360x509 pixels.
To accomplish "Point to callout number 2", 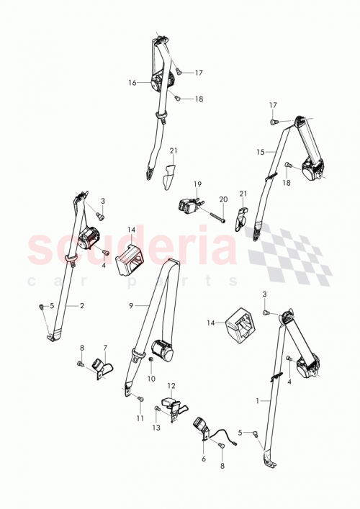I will coord(82,305).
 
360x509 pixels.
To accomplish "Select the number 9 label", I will coord(132,305).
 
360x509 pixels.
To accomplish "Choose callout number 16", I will coord(132,83).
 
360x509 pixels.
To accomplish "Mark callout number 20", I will coord(222,199).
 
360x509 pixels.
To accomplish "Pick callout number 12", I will coord(171,387).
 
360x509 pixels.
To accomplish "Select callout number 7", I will coord(105,347).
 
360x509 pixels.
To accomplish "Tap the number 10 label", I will coord(151,379).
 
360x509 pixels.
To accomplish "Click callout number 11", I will coord(140,418).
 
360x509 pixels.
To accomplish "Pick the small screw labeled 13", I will coord(158,410).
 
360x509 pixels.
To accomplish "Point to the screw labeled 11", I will coord(140,398).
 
